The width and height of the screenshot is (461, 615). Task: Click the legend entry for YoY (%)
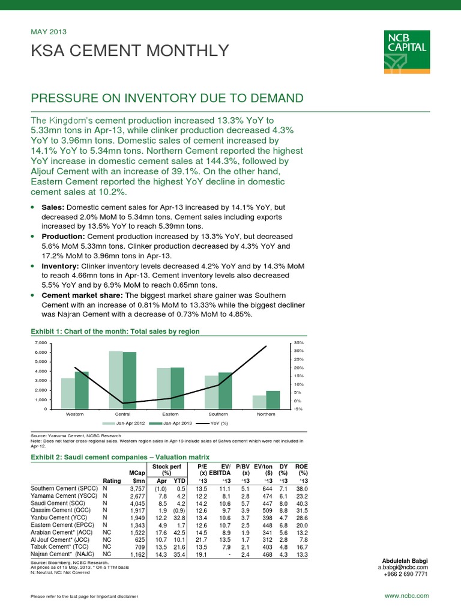pos(218,423)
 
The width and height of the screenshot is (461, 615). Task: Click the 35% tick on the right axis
pos(298,342)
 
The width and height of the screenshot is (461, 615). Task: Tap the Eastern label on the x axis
pos(170,414)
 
